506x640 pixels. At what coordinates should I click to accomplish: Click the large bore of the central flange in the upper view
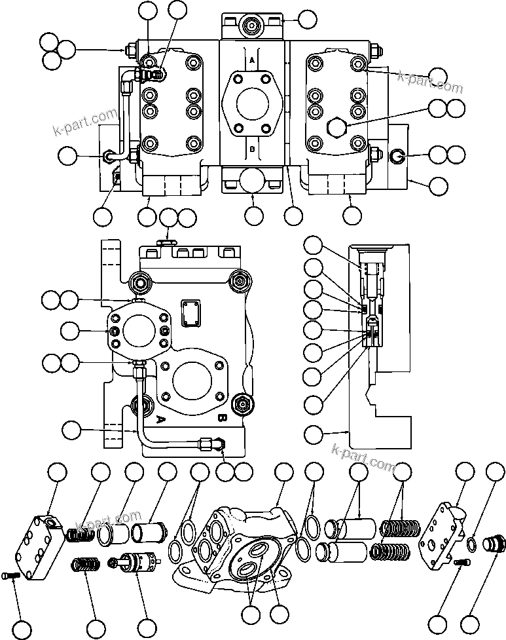[252, 104]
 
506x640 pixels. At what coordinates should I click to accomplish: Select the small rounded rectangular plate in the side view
[192, 313]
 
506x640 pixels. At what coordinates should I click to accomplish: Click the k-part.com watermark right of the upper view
[430, 83]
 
